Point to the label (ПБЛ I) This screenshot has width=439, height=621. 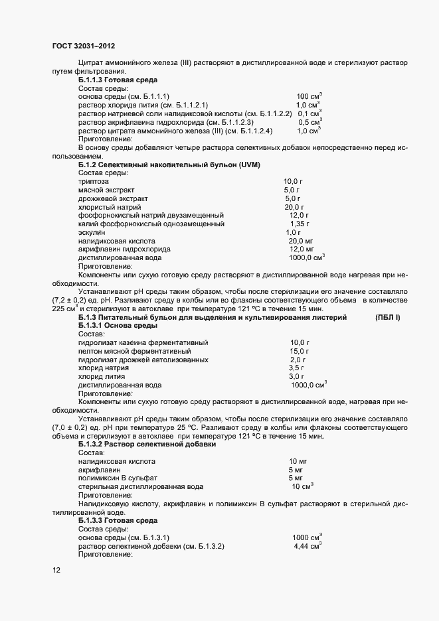click(388, 318)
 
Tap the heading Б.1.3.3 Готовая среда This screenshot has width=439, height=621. click(118, 521)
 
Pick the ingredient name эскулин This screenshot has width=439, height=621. click(92, 232)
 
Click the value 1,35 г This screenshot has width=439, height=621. click(300, 224)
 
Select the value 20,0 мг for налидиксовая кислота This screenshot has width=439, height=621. click(301, 241)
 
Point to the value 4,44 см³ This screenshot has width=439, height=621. click(307, 546)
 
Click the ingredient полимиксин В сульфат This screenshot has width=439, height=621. click(117, 478)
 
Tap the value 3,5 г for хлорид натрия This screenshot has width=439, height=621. click(296, 368)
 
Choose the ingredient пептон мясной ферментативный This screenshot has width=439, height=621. click(134, 351)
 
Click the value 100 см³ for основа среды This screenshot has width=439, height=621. click(309, 96)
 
